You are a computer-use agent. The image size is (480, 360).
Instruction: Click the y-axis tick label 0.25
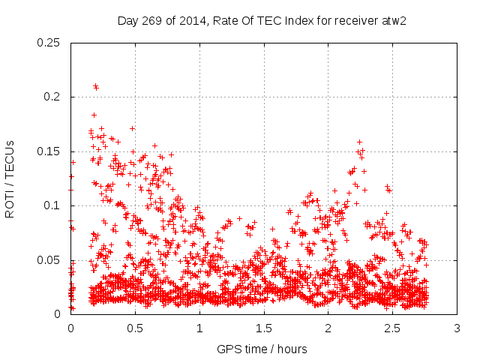coord(49,43)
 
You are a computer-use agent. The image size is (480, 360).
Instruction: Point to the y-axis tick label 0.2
coord(52,97)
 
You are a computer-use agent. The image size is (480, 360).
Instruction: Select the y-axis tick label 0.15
coord(49,151)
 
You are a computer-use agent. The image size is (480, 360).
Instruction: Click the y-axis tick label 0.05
coord(49,260)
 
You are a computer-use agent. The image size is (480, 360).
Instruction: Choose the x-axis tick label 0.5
coord(135,328)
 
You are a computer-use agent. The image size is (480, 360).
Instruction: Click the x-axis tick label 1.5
coord(264,328)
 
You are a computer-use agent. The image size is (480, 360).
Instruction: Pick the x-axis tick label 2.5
coord(393,328)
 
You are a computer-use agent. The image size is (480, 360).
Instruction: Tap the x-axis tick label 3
coord(457,328)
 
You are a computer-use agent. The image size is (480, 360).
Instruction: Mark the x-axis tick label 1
coord(199,328)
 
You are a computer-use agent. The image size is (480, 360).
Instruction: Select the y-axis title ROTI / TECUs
coord(10,179)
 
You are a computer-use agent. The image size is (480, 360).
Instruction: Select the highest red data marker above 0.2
coord(95,86)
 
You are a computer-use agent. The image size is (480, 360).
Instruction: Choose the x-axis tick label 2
coord(328,328)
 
